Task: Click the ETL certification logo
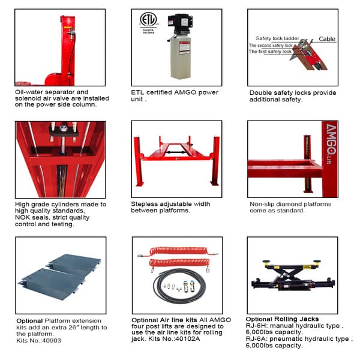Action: (148, 22)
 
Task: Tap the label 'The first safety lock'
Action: (269, 52)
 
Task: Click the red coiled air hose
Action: (174, 258)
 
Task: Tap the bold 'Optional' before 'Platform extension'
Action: (29, 320)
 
